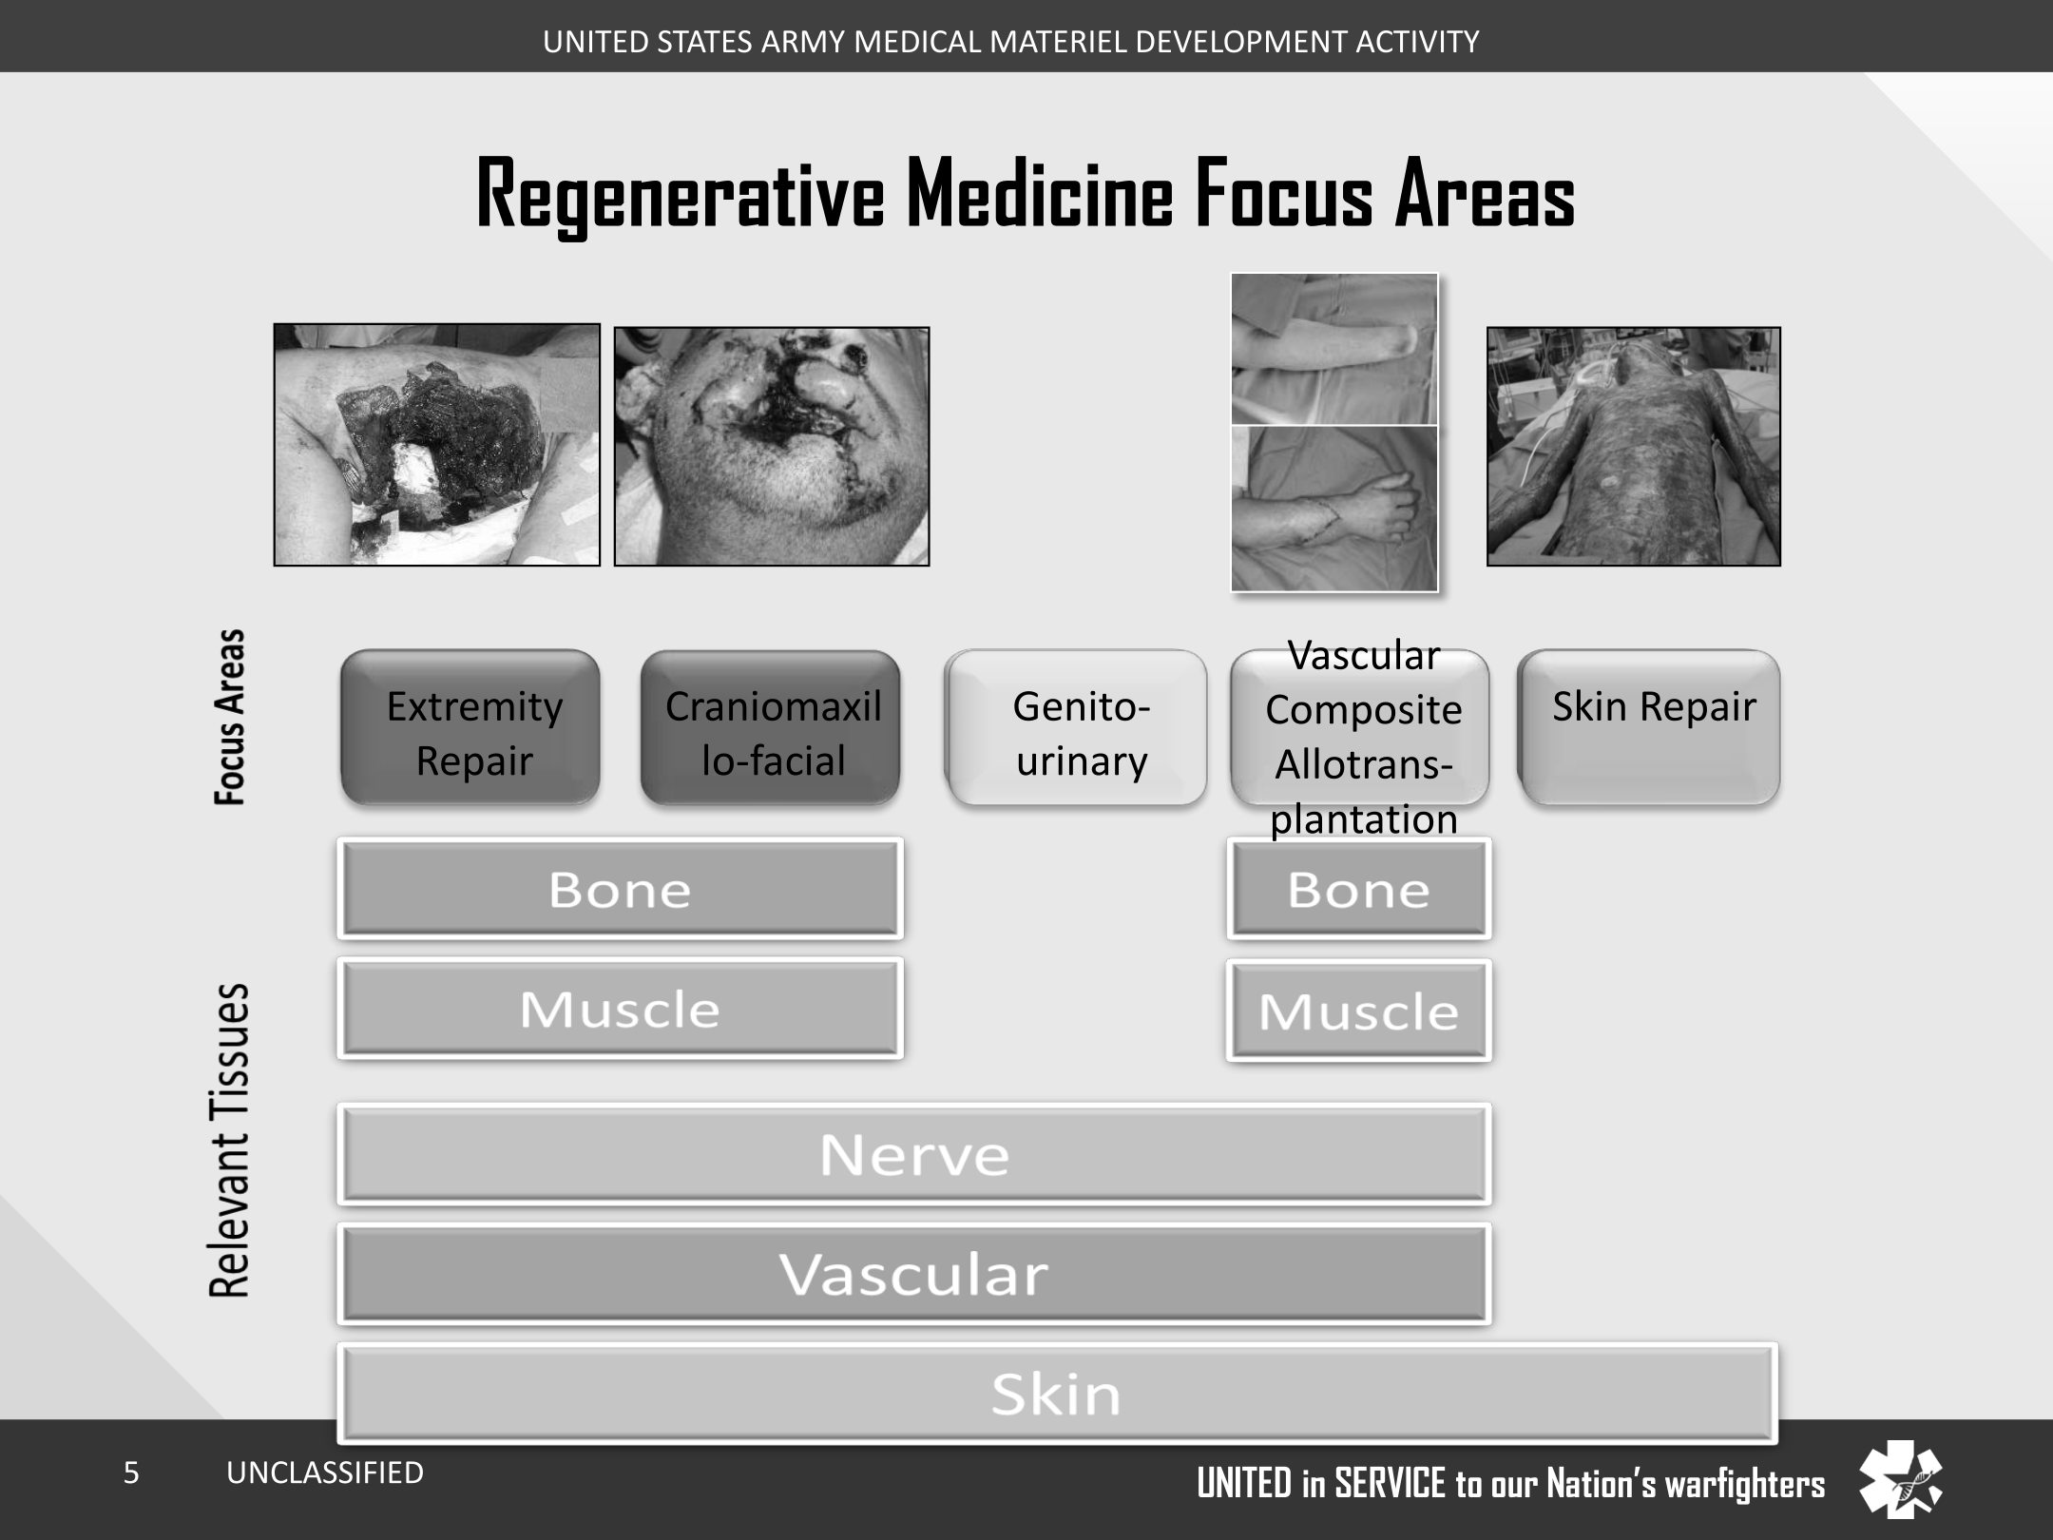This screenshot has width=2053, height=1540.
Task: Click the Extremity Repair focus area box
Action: point(470,727)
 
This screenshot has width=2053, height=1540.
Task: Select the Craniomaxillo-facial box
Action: point(771,727)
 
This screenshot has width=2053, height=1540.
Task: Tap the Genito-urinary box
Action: point(1076,727)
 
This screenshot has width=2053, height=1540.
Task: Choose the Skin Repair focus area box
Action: point(1649,727)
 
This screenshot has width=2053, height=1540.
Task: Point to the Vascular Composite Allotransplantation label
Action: point(1364,737)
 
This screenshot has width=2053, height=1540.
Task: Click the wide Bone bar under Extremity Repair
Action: point(621,889)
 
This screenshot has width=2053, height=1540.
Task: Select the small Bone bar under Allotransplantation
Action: point(1359,889)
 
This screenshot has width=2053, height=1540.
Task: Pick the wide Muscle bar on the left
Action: point(621,1009)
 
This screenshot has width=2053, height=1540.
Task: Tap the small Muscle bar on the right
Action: point(1359,1011)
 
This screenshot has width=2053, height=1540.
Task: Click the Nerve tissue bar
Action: point(914,1154)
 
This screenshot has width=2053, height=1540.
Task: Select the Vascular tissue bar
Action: point(914,1274)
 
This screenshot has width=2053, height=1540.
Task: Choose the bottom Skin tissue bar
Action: point(1057,1394)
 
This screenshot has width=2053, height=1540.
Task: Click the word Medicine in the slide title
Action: point(1040,194)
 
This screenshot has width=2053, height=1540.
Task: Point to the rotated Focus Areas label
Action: point(229,717)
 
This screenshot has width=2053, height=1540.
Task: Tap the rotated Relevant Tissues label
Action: point(229,1140)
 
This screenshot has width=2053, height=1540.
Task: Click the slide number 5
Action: point(131,1473)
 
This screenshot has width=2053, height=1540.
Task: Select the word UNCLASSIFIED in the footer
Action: point(325,1473)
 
